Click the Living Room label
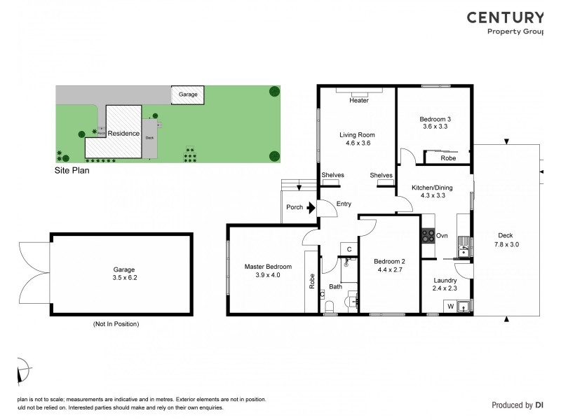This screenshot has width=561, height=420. point(358,134)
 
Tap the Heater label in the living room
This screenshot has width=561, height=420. point(359,101)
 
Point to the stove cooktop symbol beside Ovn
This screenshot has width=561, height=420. point(427,236)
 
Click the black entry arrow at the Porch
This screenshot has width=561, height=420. point(311,207)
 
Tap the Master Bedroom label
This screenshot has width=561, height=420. point(268,266)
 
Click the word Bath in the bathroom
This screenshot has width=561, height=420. point(335,287)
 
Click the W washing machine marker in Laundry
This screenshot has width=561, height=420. point(450,306)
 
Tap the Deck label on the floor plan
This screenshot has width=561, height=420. point(505,235)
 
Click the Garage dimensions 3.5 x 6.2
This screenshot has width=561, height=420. point(123,277)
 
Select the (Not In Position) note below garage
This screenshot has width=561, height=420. point(116,324)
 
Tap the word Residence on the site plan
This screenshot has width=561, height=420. point(123,133)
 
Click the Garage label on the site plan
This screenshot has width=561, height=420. point(187,94)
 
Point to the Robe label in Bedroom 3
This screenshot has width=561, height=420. point(449,158)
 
